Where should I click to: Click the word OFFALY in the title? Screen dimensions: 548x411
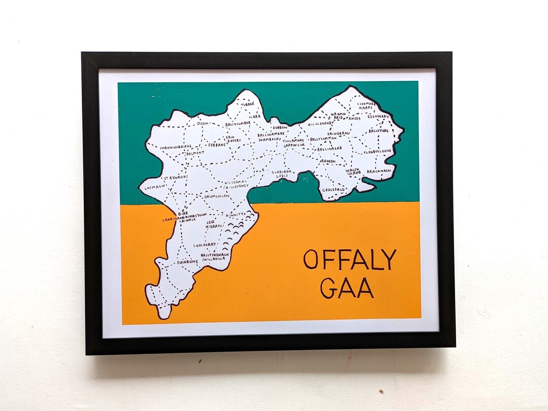(x=350, y=260)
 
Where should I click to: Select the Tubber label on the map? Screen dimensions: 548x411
(x=248, y=104)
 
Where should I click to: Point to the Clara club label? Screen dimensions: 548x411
(x=255, y=117)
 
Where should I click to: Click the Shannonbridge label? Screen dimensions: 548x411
(x=176, y=147)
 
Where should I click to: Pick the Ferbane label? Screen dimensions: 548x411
(x=217, y=145)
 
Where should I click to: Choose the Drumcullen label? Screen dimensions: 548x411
(x=217, y=195)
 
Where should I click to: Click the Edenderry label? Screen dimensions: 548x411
(x=379, y=116)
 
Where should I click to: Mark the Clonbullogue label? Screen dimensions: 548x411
(x=377, y=151)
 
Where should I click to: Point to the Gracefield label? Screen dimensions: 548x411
(x=334, y=190)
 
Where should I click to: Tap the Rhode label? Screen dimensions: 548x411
(x=354, y=118)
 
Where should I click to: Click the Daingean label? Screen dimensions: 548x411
(x=338, y=133)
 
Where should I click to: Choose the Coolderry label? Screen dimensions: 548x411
(x=204, y=245)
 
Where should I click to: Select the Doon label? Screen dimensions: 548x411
(x=203, y=123)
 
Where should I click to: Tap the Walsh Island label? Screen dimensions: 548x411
(x=354, y=172)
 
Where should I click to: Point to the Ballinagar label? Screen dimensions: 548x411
(x=330, y=149)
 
